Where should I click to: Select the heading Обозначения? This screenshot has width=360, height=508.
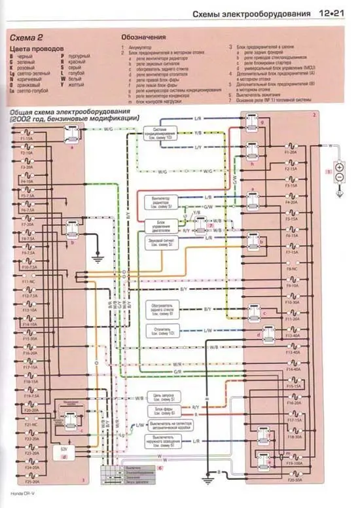(x=147, y=37)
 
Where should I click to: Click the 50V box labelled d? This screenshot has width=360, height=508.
(x=64, y=452)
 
